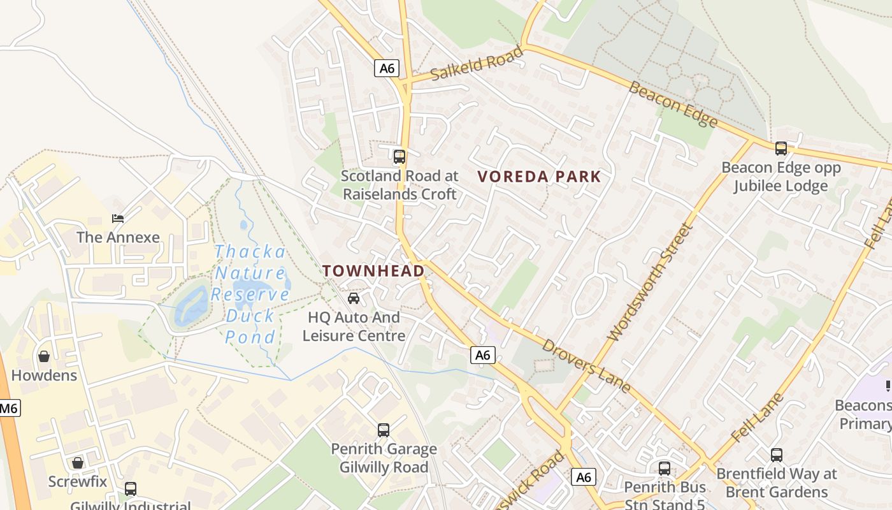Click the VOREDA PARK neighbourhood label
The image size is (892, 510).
[x=539, y=177]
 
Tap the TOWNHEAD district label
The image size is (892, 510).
[x=373, y=271]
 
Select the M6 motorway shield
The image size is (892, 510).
[x=9, y=408]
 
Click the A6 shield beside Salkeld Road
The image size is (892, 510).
[x=386, y=68]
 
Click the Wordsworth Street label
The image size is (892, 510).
[x=649, y=282]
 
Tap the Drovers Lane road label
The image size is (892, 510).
[x=586, y=365]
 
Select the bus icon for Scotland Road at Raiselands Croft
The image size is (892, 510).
[x=399, y=156]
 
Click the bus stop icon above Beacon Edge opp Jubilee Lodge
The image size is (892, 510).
[x=780, y=149]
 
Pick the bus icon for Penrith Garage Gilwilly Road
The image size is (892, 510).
[x=383, y=430]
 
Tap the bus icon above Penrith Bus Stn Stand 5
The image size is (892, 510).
[x=664, y=469]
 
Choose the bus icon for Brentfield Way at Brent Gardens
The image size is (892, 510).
[x=776, y=455]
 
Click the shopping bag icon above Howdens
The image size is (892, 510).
[x=44, y=356]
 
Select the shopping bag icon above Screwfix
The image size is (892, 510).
[x=78, y=462]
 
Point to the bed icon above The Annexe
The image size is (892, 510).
[x=118, y=219]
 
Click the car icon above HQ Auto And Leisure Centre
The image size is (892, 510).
[x=354, y=298]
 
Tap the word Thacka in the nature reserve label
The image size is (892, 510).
[x=250, y=251]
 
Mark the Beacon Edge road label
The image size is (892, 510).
[x=673, y=104]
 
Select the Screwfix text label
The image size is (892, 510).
[x=78, y=481]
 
